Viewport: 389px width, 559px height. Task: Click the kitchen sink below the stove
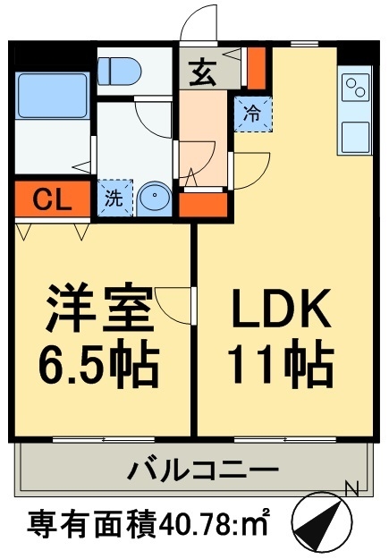[354, 135]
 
